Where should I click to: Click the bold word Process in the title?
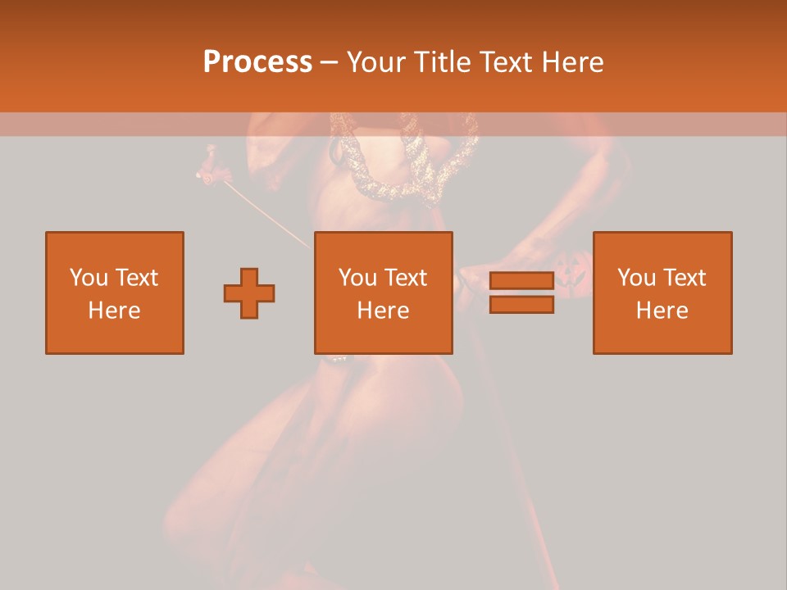(257, 62)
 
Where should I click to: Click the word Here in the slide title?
(573, 62)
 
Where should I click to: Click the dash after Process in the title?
(329, 63)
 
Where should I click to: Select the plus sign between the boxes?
(249, 293)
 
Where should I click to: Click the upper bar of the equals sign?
(521, 280)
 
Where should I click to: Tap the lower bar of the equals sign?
(521, 305)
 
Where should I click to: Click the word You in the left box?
(89, 278)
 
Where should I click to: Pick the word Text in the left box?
(137, 278)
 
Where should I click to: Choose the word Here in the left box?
(114, 311)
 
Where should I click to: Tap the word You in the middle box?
(357, 278)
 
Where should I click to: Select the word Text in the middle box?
(406, 278)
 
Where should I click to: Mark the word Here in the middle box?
(383, 311)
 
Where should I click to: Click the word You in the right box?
(636, 278)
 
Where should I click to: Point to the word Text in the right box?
(685, 278)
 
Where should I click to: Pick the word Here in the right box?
(662, 311)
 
